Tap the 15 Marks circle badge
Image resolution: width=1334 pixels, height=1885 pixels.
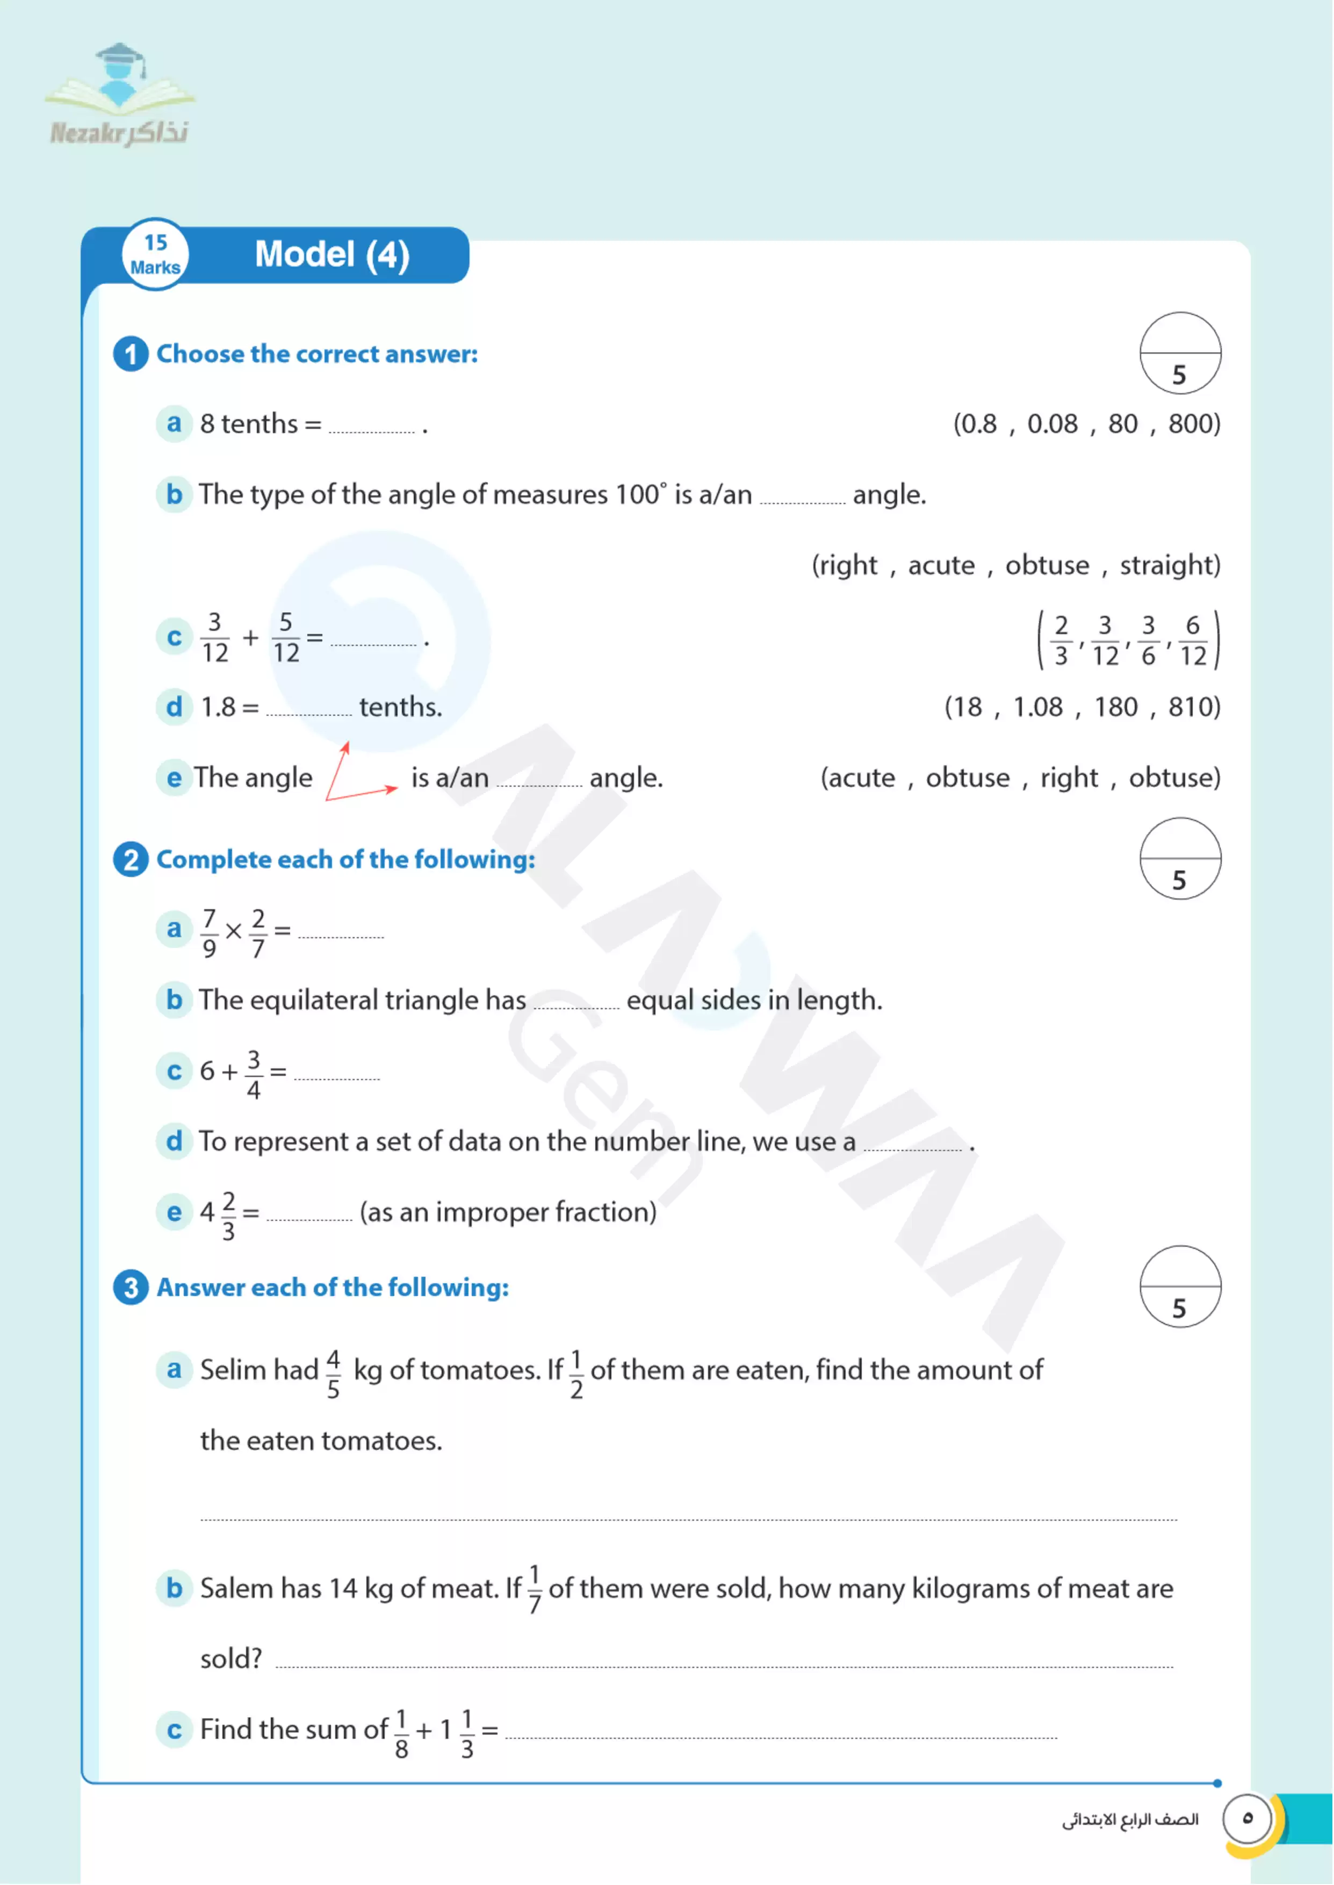pos(155,255)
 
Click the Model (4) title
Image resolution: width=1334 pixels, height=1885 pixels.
pos(332,255)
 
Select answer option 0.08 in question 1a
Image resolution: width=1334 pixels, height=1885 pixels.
pos(1052,424)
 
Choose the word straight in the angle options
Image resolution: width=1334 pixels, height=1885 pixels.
pos(1169,565)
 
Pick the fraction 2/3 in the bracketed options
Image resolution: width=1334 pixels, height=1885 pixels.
pos(1061,641)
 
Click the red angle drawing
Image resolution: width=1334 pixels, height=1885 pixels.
pos(359,773)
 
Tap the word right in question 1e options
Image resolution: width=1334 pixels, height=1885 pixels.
pos(1069,778)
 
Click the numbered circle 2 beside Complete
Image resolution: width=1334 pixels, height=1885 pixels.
pos(131,860)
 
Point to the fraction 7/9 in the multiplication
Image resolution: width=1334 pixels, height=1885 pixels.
pos(210,933)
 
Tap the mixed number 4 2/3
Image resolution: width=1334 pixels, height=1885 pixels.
pos(219,1214)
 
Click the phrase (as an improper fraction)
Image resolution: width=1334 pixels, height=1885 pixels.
pos(508,1212)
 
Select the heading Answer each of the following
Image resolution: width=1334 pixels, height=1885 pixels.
pos(333,1288)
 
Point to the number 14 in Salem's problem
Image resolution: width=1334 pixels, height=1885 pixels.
pos(343,1589)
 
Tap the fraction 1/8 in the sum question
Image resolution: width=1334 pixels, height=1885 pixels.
pos(401,1734)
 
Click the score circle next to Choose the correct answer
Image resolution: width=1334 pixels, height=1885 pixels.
pos(1180,353)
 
